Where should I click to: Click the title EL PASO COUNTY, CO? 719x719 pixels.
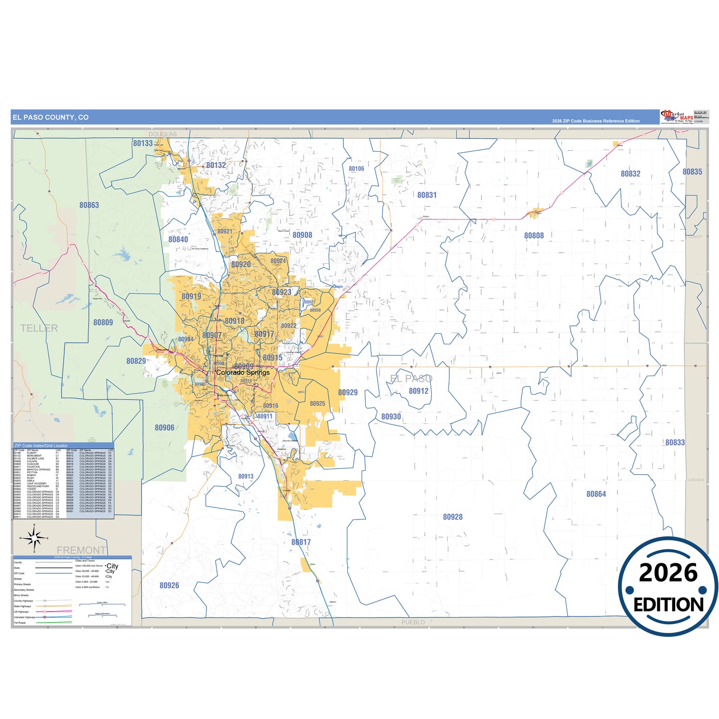pos(50,117)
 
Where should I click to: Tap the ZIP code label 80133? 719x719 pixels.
pos(143,143)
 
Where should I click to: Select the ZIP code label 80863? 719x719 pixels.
pos(89,205)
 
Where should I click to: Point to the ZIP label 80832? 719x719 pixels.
pos(630,174)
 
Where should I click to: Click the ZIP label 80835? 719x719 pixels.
pos(692,172)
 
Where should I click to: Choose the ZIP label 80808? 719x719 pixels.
pos(534,235)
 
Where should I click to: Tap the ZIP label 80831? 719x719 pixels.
pos(427,195)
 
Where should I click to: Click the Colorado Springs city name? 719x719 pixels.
pos(243,372)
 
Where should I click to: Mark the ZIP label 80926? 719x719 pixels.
pos(169,585)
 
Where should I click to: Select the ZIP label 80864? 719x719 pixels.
pos(596,494)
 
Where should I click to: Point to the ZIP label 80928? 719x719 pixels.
pos(453,517)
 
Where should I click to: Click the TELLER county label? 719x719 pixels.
pos(39,328)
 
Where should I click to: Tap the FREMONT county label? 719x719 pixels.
pos(81,550)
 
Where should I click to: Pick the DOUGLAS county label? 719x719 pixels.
pos(163,134)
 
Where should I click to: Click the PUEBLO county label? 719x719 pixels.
pos(413,622)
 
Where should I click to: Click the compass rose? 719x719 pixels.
pos(34,538)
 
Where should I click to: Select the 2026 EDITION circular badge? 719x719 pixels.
pos(668,588)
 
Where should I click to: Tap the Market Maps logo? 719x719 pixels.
pos(677,117)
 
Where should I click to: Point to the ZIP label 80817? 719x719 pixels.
pos(301,542)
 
